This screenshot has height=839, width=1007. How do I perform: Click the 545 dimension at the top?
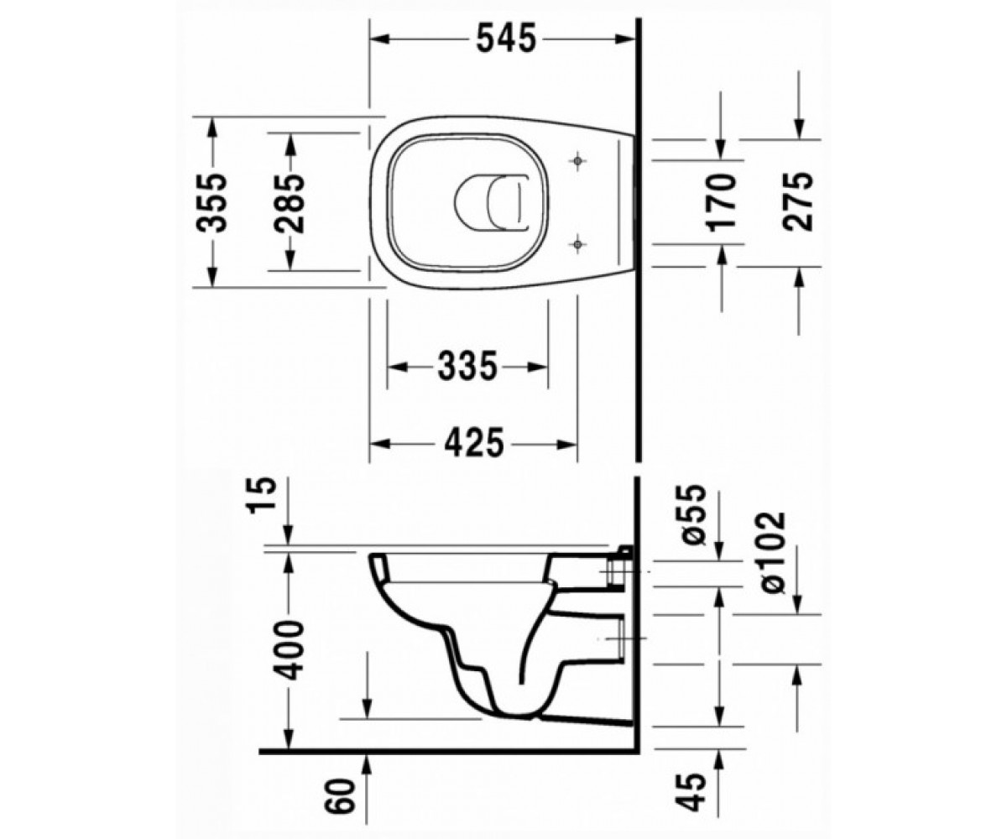(x=506, y=39)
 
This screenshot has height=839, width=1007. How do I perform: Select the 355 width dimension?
(x=212, y=203)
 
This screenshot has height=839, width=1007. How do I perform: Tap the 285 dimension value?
(x=290, y=203)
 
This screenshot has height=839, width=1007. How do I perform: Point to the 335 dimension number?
(x=467, y=367)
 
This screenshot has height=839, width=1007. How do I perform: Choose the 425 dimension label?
(x=473, y=443)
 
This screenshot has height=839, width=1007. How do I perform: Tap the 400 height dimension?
(x=290, y=650)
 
